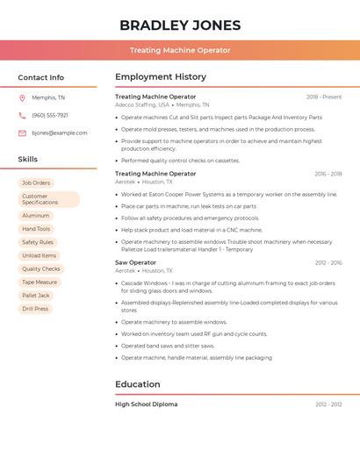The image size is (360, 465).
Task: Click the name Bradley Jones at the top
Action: (x=180, y=25)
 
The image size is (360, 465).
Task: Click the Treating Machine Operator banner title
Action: (x=180, y=50)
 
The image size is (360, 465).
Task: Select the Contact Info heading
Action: (x=41, y=77)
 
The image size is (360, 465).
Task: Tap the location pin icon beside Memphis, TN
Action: (x=23, y=97)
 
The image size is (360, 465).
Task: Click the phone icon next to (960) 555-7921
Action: (x=23, y=115)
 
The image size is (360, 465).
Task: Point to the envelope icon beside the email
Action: (x=23, y=132)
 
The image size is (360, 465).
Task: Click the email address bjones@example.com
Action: (x=60, y=132)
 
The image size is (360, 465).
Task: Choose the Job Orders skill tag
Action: (x=36, y=182)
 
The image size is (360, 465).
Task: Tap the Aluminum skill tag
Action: (x=36, y=216)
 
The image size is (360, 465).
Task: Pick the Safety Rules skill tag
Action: (x=38, y=242)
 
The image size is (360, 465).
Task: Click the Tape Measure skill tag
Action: (x=40, y=282)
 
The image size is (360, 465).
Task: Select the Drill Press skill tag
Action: (x=35, y=309)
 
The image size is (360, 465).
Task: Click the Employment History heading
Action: (x=161, y=77)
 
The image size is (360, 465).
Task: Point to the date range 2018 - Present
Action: (x=324, y=97)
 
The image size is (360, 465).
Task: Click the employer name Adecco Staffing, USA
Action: (x=141, y=104)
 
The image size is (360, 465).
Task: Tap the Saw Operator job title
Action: (x=135, y=262)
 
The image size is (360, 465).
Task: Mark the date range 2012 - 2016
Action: (x=328, y=262)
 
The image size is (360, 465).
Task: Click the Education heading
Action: (x=138, y=384)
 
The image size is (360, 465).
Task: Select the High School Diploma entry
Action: (x=146, y=404)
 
